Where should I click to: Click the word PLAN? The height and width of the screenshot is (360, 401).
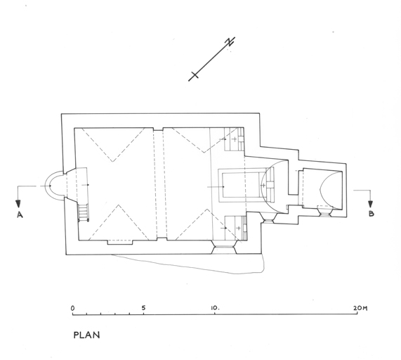click(x=86, y=335)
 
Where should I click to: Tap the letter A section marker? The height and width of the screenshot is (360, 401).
click(x=20, y=214)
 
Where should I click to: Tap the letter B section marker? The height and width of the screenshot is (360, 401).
click(x=371, y=213)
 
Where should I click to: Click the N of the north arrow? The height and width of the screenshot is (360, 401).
click(x=230, y=41)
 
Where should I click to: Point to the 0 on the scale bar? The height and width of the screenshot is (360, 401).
click(x=73, y=308)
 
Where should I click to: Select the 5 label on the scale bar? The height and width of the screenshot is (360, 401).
click(x=143, y=308)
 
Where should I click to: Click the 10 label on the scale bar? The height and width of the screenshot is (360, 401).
click(x=215, y=308)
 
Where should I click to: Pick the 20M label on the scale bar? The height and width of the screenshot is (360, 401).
click(x=360, y=308)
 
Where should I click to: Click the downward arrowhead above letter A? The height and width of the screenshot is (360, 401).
click(x=18, y=204)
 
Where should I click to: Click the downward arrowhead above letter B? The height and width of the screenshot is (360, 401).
click(x=370, y=204)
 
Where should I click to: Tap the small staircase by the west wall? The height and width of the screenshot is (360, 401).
click(x=84, y=212)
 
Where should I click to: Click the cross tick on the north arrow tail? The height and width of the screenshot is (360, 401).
click(x=195, y=75)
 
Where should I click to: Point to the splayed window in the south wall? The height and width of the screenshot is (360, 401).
click(x=224, y=247)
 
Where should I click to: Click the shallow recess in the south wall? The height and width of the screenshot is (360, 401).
click(x=120, y=242)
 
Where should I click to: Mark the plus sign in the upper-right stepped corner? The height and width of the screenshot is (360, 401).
click(x=235, y=139)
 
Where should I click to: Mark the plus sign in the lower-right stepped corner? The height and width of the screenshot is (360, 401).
click(x=238, y=228)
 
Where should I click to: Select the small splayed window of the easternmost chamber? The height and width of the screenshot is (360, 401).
click(x=324, y=211)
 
